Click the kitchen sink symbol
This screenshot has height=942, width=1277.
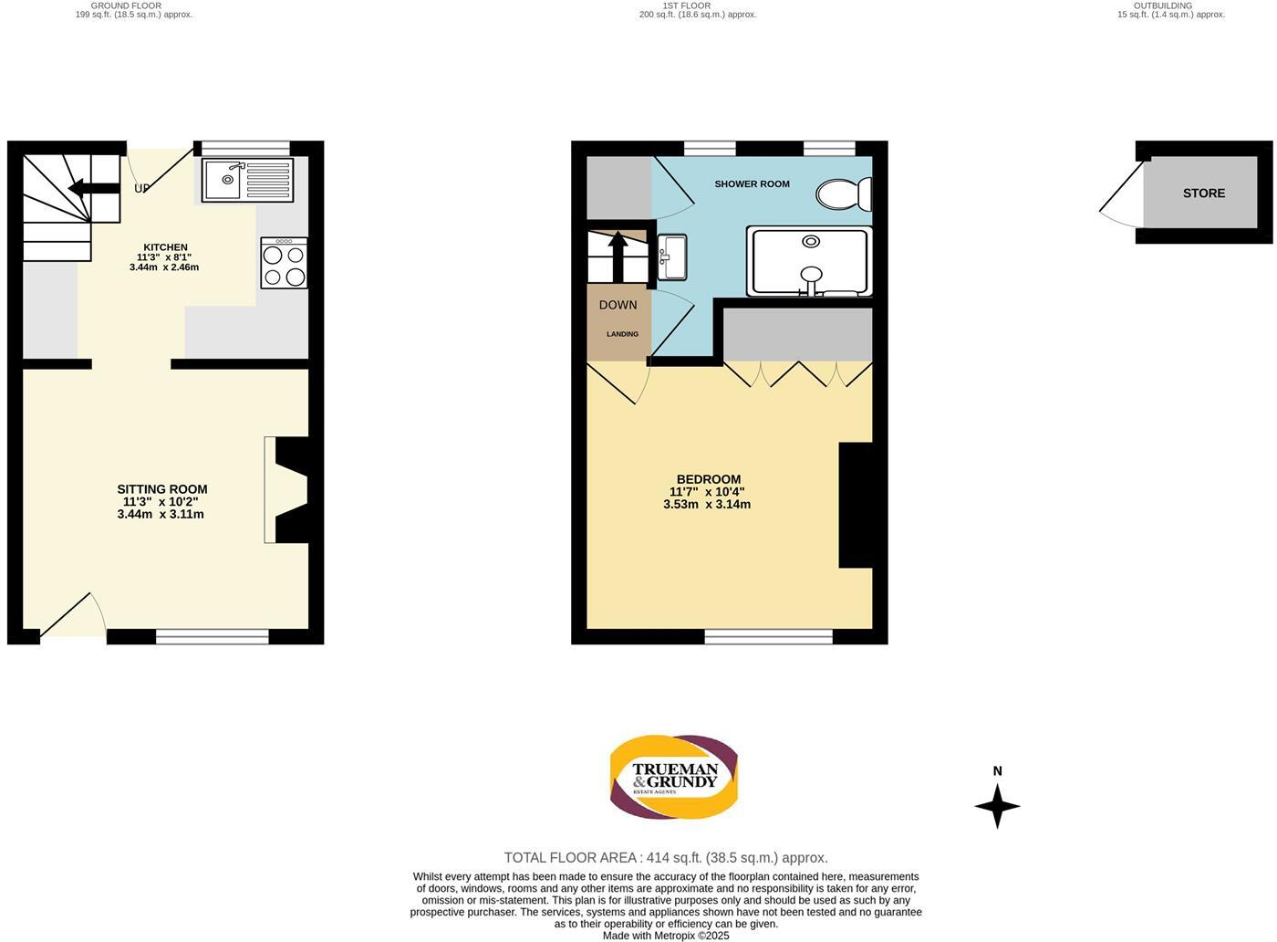(x=247, y=180)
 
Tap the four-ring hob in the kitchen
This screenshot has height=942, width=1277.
(x=284, y=264)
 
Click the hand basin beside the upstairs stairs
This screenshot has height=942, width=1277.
(x=671, y=256)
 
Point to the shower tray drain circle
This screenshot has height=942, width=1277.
(x=811, y=241)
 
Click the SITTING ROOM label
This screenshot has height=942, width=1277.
(x=161, y=489)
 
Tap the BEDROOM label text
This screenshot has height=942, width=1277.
(x=708, y=479)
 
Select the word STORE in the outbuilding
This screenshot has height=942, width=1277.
(x=1203, y=193)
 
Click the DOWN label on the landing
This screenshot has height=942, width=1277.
(x=618, y=305)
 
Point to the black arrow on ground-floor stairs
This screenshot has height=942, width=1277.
(x=94, y=188)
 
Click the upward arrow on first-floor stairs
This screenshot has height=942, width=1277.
(x=618, y=254)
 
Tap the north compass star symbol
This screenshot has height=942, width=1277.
(x=997, y=806)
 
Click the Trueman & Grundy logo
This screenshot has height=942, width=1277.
(x=674, y=777)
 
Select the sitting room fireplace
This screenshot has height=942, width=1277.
(x=288, y=490)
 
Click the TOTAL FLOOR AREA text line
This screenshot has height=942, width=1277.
(x=666, y=857)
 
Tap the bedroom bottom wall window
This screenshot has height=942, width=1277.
(x=768, y=636)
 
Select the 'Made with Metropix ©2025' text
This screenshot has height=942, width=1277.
(x=666, y=935)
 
